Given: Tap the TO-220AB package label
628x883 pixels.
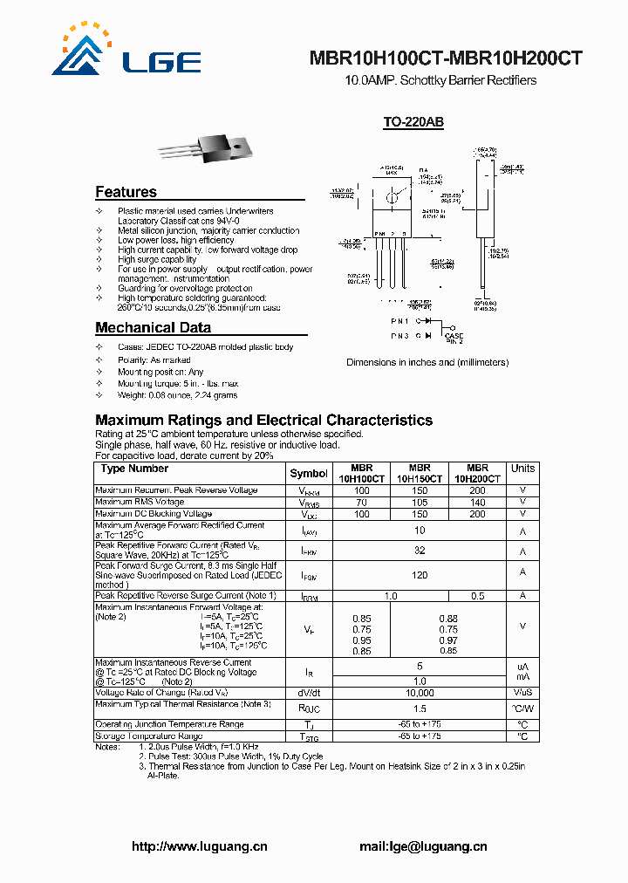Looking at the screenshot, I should coord(413,123).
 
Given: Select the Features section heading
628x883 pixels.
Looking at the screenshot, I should coord(126,192).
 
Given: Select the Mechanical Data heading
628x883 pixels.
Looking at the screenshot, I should coord(153,328).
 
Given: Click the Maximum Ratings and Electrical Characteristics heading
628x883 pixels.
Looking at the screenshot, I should coord(263,421).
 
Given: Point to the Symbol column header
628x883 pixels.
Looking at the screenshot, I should coord(309,474).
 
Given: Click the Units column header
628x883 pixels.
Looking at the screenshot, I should coord(522,469).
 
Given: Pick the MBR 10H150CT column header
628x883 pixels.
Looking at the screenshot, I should coord(420,474).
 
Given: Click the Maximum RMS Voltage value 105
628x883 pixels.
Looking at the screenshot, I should coord(420,503).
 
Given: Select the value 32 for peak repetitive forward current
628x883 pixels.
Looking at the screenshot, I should coord(420,551).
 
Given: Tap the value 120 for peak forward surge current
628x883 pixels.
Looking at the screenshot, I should coord(420,577).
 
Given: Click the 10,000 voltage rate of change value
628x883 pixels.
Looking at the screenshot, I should coord(420,693).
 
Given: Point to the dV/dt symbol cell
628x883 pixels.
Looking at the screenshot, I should coord(309,693).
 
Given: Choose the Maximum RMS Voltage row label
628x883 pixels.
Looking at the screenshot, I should coord(140,503).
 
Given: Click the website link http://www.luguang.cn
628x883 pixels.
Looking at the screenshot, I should coord(199,846).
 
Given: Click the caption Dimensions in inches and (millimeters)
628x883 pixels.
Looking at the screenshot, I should coord(427,362).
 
